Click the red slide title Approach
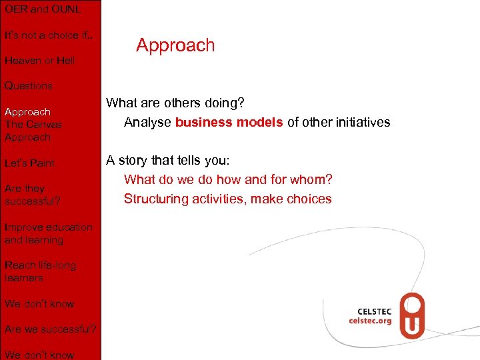(175, 45)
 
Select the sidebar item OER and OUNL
(43, 9)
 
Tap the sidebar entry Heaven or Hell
(39, 60)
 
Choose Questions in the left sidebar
(28, 85)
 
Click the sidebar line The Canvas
(33, 124)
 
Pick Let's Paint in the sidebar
(29, 163)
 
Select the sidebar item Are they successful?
(33, 195)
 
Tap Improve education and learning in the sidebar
(48, 233)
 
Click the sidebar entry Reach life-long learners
(40, 271)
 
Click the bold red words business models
(229, 123)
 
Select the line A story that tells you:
(167, 161)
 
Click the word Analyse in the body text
(147, 123)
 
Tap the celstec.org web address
(370, 321)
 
